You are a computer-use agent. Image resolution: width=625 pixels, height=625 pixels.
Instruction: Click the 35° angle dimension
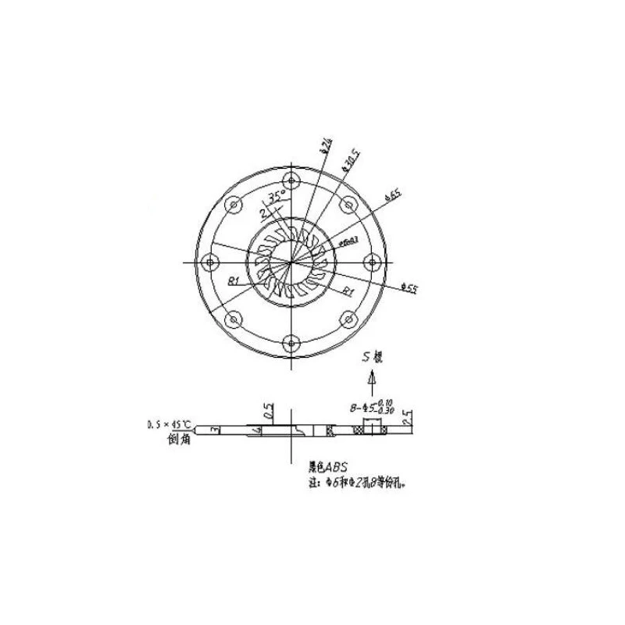pyautogui.click(x=275, y=197)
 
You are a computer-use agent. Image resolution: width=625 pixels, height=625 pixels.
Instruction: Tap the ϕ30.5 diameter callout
pyautogui.click(x=350, y=160)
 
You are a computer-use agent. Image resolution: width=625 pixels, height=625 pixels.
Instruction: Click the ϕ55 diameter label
pyautogui.click(x=409, y=288)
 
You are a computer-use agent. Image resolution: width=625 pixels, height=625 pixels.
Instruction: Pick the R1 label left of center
pyautogui.click(x=233, y=280)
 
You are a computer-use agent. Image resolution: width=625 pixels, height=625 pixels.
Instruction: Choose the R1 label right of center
pyautogui.click(x=349, y=290)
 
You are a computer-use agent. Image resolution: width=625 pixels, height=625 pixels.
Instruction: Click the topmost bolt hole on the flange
pyautogui.click(x=291, y=182)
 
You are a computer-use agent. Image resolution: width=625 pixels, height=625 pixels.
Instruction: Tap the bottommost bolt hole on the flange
pyautogui.click(x=291, y=341)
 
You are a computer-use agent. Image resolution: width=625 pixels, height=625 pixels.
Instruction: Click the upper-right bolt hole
pyautogui.click(x=348, y=205)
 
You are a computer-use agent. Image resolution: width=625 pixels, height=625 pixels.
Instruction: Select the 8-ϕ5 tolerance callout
pyautogui.click(x=377, y=408)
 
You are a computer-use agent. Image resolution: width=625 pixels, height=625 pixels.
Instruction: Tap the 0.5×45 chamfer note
pyautogui.click(x=170, y=426)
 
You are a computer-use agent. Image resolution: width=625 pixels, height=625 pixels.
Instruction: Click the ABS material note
pyautogui.click(x=328, y=469)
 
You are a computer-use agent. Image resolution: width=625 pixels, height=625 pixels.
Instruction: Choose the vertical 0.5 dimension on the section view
pyautogui.click(x=269, y=412)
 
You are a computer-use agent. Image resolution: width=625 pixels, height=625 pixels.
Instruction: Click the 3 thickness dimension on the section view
pyautogui.click(x=213, y=429)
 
